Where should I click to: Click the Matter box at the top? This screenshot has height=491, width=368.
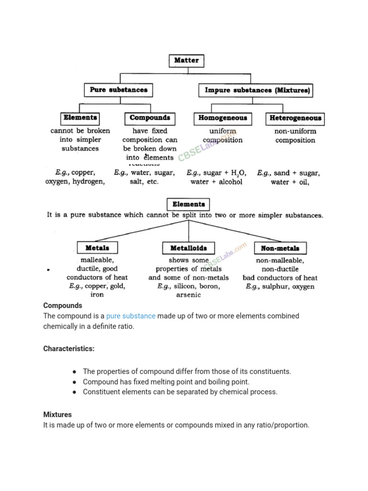(186, 61)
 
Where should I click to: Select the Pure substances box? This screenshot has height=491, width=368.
(118, 90)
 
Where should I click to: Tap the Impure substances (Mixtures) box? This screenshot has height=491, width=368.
(255, 90)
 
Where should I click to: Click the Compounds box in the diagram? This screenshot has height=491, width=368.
(149, 118)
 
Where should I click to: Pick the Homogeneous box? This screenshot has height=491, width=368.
(223, 118)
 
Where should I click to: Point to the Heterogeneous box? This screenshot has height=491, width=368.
(295, 118)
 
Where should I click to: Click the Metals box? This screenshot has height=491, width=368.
(97, 248)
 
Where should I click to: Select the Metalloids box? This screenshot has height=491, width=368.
(188, 248)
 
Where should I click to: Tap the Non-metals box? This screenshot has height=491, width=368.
(280, 248)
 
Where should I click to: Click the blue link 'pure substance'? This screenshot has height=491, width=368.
(131, 316)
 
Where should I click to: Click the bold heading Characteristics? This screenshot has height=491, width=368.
(69, 349)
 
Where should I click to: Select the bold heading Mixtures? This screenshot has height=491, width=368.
(57, 414)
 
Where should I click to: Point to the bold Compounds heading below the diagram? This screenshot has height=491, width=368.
(63, 305)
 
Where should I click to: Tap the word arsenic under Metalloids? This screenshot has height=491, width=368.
(188, 295)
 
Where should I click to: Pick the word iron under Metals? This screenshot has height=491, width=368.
(97, 295)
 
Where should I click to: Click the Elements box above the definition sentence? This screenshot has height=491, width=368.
(188, 204)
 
